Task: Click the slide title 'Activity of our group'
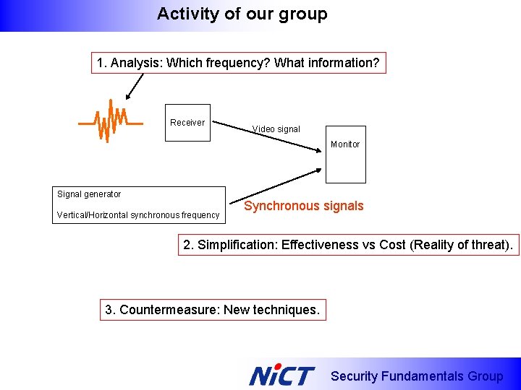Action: [242, 14]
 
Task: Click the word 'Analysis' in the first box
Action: [135, 63]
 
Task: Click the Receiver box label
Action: [187, 122]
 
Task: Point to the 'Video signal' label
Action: [276, 129]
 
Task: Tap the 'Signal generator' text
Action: [89, 194]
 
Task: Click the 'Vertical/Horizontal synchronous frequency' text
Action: [138, 215]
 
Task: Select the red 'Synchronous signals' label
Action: [303, 206]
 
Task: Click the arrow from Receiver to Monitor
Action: [268, 135]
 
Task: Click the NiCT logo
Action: [281, 376]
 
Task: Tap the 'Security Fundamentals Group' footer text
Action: [416, 376]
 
